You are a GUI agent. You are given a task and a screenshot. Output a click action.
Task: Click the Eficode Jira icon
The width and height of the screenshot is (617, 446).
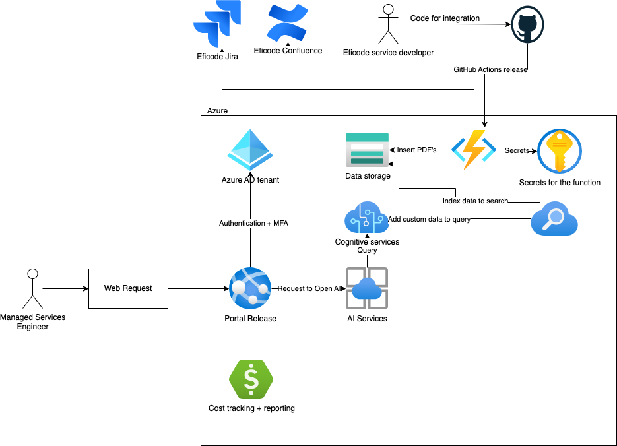(217, 24)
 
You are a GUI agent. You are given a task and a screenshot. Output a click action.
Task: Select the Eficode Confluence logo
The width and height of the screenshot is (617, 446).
(288, 22)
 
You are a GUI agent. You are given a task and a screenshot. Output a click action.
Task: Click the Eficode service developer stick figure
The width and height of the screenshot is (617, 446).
(388, 24)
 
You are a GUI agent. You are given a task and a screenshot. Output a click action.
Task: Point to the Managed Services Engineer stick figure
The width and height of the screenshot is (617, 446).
(32, 288)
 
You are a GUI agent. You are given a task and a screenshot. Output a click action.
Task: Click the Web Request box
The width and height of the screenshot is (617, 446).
(128, 288)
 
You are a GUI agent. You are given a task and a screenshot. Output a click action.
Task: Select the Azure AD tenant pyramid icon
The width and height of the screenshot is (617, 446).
(250, 150)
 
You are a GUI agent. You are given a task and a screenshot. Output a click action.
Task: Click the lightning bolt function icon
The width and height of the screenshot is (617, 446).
(473, 150)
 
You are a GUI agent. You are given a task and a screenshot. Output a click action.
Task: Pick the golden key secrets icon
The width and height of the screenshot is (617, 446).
(560, 151)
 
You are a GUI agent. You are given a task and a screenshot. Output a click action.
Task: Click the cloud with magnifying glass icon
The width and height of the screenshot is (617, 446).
(554, 219)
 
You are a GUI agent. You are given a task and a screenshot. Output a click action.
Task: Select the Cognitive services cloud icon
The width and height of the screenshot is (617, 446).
(367, 218)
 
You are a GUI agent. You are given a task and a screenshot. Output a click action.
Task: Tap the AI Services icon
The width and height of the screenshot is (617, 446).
(367, 288)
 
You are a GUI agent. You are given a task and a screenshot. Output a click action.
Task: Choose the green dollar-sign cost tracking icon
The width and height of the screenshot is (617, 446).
(251, 380)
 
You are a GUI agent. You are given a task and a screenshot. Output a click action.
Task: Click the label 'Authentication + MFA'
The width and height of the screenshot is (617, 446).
(253, 223)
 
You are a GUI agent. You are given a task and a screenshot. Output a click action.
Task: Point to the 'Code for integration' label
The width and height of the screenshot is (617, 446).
(445, 18)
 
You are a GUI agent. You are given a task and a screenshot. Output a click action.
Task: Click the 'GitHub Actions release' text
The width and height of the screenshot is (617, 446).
(490, 69)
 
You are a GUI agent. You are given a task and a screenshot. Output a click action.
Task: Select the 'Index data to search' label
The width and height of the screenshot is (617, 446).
(475, 201)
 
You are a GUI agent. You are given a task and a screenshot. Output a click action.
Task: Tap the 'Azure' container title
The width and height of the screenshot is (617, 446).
(217, 111)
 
